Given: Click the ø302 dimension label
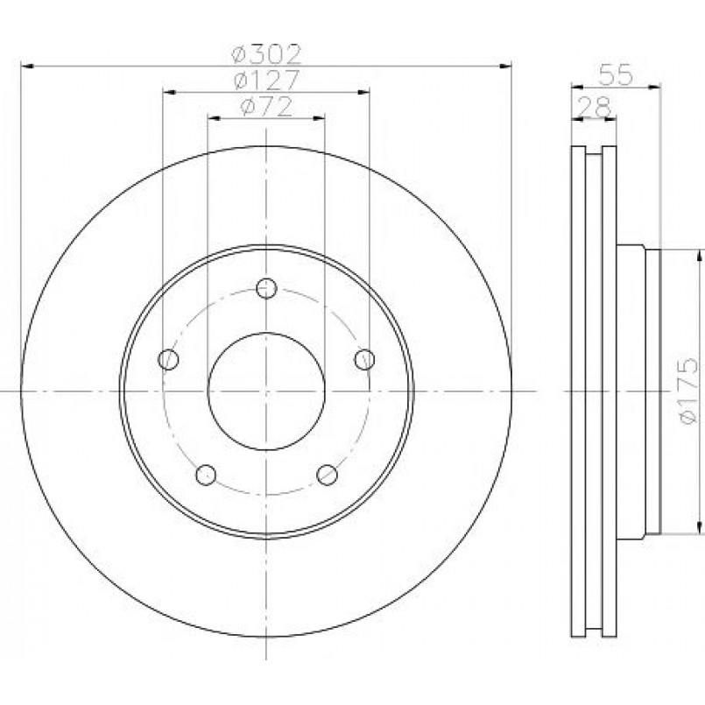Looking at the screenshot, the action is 265,54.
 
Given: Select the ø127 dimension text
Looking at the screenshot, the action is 266,80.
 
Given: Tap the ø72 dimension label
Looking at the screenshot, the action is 266,107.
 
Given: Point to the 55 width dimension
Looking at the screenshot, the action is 616,74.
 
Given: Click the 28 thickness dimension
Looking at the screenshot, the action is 595,107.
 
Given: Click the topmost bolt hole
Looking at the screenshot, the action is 266,288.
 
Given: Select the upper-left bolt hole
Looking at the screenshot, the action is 169,359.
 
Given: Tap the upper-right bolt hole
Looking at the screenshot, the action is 364,359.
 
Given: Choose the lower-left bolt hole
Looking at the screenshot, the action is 206,475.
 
